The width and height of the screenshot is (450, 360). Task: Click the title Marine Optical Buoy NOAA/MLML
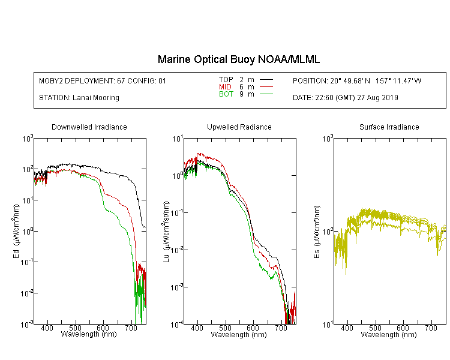tap(238, 59)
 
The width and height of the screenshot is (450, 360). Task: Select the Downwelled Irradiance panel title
tap(89, 127)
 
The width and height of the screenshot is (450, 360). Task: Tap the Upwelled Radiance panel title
tap(239, 127)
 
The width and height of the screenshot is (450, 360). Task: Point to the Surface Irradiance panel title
tap(389, 127)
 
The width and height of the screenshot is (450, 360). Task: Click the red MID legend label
tap(225, 86)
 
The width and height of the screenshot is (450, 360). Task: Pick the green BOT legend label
tap(226, 94)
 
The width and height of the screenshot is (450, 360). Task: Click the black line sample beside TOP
tap(266, 80)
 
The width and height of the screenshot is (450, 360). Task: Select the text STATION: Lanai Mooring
tap(79, 98)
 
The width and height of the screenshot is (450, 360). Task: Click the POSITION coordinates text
tap(357, 80)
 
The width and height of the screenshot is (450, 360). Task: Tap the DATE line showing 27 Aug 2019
tap(345, 98)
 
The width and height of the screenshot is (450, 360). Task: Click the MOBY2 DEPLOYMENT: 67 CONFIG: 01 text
tap(103, 80)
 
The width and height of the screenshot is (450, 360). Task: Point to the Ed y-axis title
tap(16, 231)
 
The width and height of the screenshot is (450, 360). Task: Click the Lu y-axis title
tap(166, 232)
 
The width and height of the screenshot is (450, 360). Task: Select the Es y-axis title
tap(317, 232)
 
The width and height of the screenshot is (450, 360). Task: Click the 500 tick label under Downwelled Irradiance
tap(75, 328)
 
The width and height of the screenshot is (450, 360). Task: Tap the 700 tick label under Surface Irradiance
tap(431, 328)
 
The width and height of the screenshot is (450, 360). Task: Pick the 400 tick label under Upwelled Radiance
tap(197, 328)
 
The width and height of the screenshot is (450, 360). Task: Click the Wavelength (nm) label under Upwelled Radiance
tap(239, 335)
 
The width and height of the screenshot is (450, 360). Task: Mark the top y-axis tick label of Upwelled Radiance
tap(178, 139)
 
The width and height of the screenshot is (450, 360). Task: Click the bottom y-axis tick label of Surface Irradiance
tap(328, 325)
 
